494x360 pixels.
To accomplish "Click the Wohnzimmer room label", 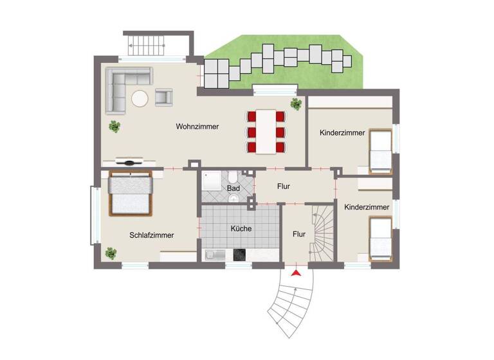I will tap(197, 127).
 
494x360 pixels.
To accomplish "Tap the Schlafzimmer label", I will tap(151, 235).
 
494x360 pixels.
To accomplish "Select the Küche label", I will tap(241, 228).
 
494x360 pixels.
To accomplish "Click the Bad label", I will tap(233, 188).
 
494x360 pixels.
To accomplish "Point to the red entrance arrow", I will tap(296, 274).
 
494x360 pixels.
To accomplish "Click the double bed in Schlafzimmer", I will tap(131, 194).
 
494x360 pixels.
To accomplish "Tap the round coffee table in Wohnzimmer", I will tap(140, 98).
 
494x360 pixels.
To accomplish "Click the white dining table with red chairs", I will tap(266, 132).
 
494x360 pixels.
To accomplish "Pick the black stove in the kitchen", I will tap(241, 255).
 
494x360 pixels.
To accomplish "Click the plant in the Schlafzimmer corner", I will tap(111, 254).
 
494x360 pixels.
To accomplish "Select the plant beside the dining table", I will tap(296, 104).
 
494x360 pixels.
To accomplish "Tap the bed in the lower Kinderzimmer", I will tap(380, 239).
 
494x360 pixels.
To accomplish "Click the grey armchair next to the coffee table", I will tap(164, 97).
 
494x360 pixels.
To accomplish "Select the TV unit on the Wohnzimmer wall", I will tap(129, 163).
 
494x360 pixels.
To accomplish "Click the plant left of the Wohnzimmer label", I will tap(114, 127).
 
